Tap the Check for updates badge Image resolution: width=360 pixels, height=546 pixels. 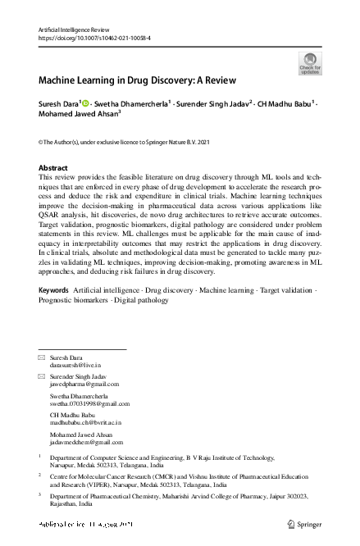point(310,63)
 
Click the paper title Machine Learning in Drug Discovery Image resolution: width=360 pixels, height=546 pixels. point(137,80)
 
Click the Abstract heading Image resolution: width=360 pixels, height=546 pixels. point(53,167)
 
